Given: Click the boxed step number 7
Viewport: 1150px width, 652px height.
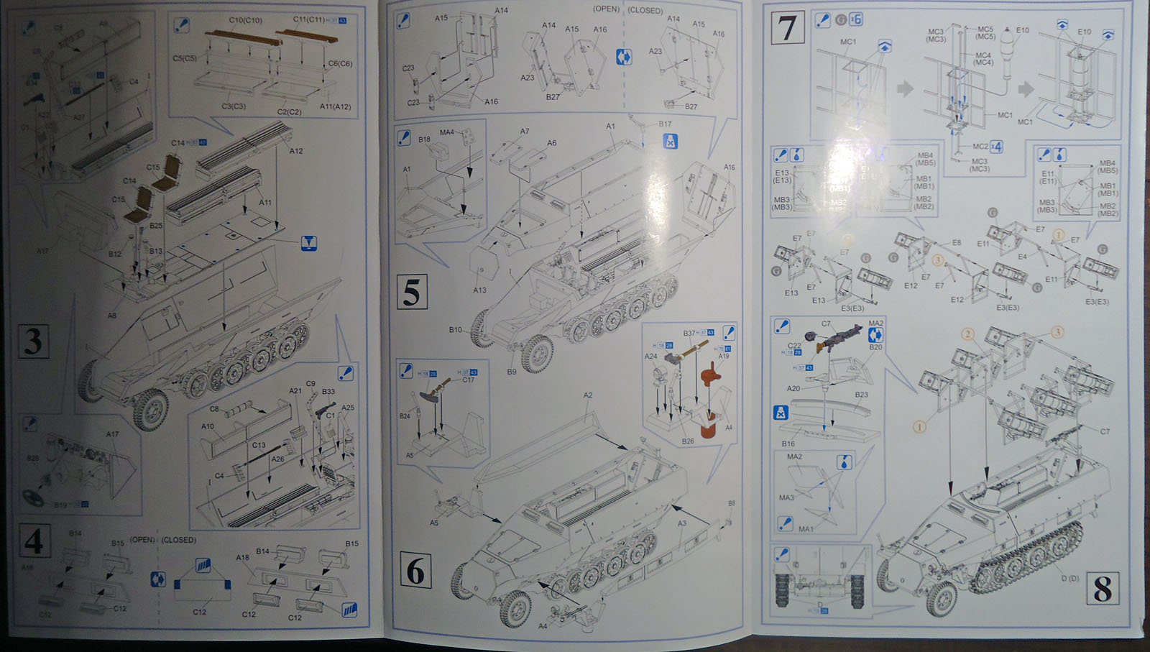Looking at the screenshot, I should point(787,28).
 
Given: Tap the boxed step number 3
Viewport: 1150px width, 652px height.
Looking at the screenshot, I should point(33,341).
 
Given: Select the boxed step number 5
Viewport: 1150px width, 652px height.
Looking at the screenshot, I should point(412,293).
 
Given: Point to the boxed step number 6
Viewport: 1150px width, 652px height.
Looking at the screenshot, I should point(415,572).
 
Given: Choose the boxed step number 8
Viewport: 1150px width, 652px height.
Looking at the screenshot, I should point(1102,589).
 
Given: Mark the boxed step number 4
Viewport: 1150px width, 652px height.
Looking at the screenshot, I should point(32,541).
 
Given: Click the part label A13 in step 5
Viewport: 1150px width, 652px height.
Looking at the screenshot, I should point(479,290).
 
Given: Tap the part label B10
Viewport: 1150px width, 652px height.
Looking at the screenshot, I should point(455,330).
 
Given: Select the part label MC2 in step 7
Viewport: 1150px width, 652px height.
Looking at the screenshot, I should point(980,146).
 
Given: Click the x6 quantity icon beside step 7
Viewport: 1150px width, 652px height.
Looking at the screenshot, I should point(856,19).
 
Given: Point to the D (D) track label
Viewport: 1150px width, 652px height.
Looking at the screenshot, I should point(1070,579).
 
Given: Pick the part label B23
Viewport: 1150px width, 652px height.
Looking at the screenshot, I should point(861,395).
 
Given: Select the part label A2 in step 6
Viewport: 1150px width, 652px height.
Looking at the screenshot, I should point(588,395).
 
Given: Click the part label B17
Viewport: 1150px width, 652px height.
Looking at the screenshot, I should point(665,124).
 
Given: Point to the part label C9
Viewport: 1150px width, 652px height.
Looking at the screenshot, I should point(310,384).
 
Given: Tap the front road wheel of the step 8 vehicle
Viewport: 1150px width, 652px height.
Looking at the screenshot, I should point(942,597).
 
